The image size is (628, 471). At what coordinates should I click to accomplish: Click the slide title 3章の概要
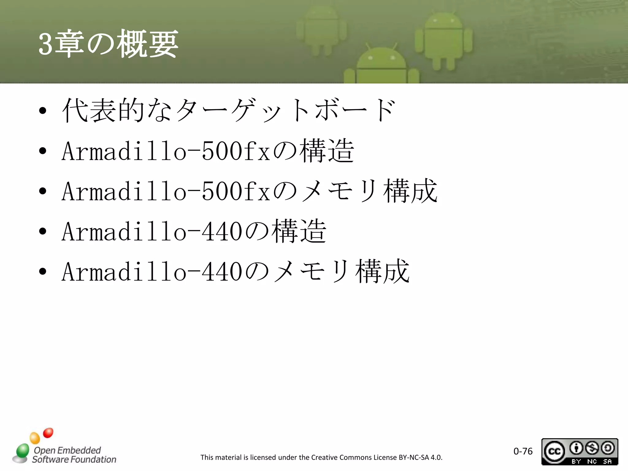point(108,44)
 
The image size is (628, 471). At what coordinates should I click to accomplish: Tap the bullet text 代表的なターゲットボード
point(228,110)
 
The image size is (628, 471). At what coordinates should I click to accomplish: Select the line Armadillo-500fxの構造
point(208,151)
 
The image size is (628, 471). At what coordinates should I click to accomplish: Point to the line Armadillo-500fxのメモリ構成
point(249,191)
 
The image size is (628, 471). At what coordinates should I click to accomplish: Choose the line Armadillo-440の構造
point(194,231)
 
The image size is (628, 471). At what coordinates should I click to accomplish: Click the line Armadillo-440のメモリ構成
point(235,271)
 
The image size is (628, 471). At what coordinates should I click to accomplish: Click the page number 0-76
point(523,451)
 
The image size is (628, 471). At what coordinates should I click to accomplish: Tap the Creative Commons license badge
point(580,452)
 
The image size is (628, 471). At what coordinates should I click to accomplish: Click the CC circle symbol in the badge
point(554,451)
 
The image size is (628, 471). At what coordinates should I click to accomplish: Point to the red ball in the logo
point(48,433)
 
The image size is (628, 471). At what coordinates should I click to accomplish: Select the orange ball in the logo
point(35,438)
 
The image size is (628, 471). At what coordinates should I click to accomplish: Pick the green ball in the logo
point(22,451)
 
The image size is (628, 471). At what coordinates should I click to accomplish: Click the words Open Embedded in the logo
point(67,450)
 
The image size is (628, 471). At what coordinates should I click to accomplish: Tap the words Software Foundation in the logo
point(74,459)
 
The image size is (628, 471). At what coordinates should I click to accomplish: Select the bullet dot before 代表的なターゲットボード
point(43,111)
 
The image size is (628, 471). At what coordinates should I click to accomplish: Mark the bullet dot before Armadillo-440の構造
point(43,232)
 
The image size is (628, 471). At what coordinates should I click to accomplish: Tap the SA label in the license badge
point(607,461)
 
